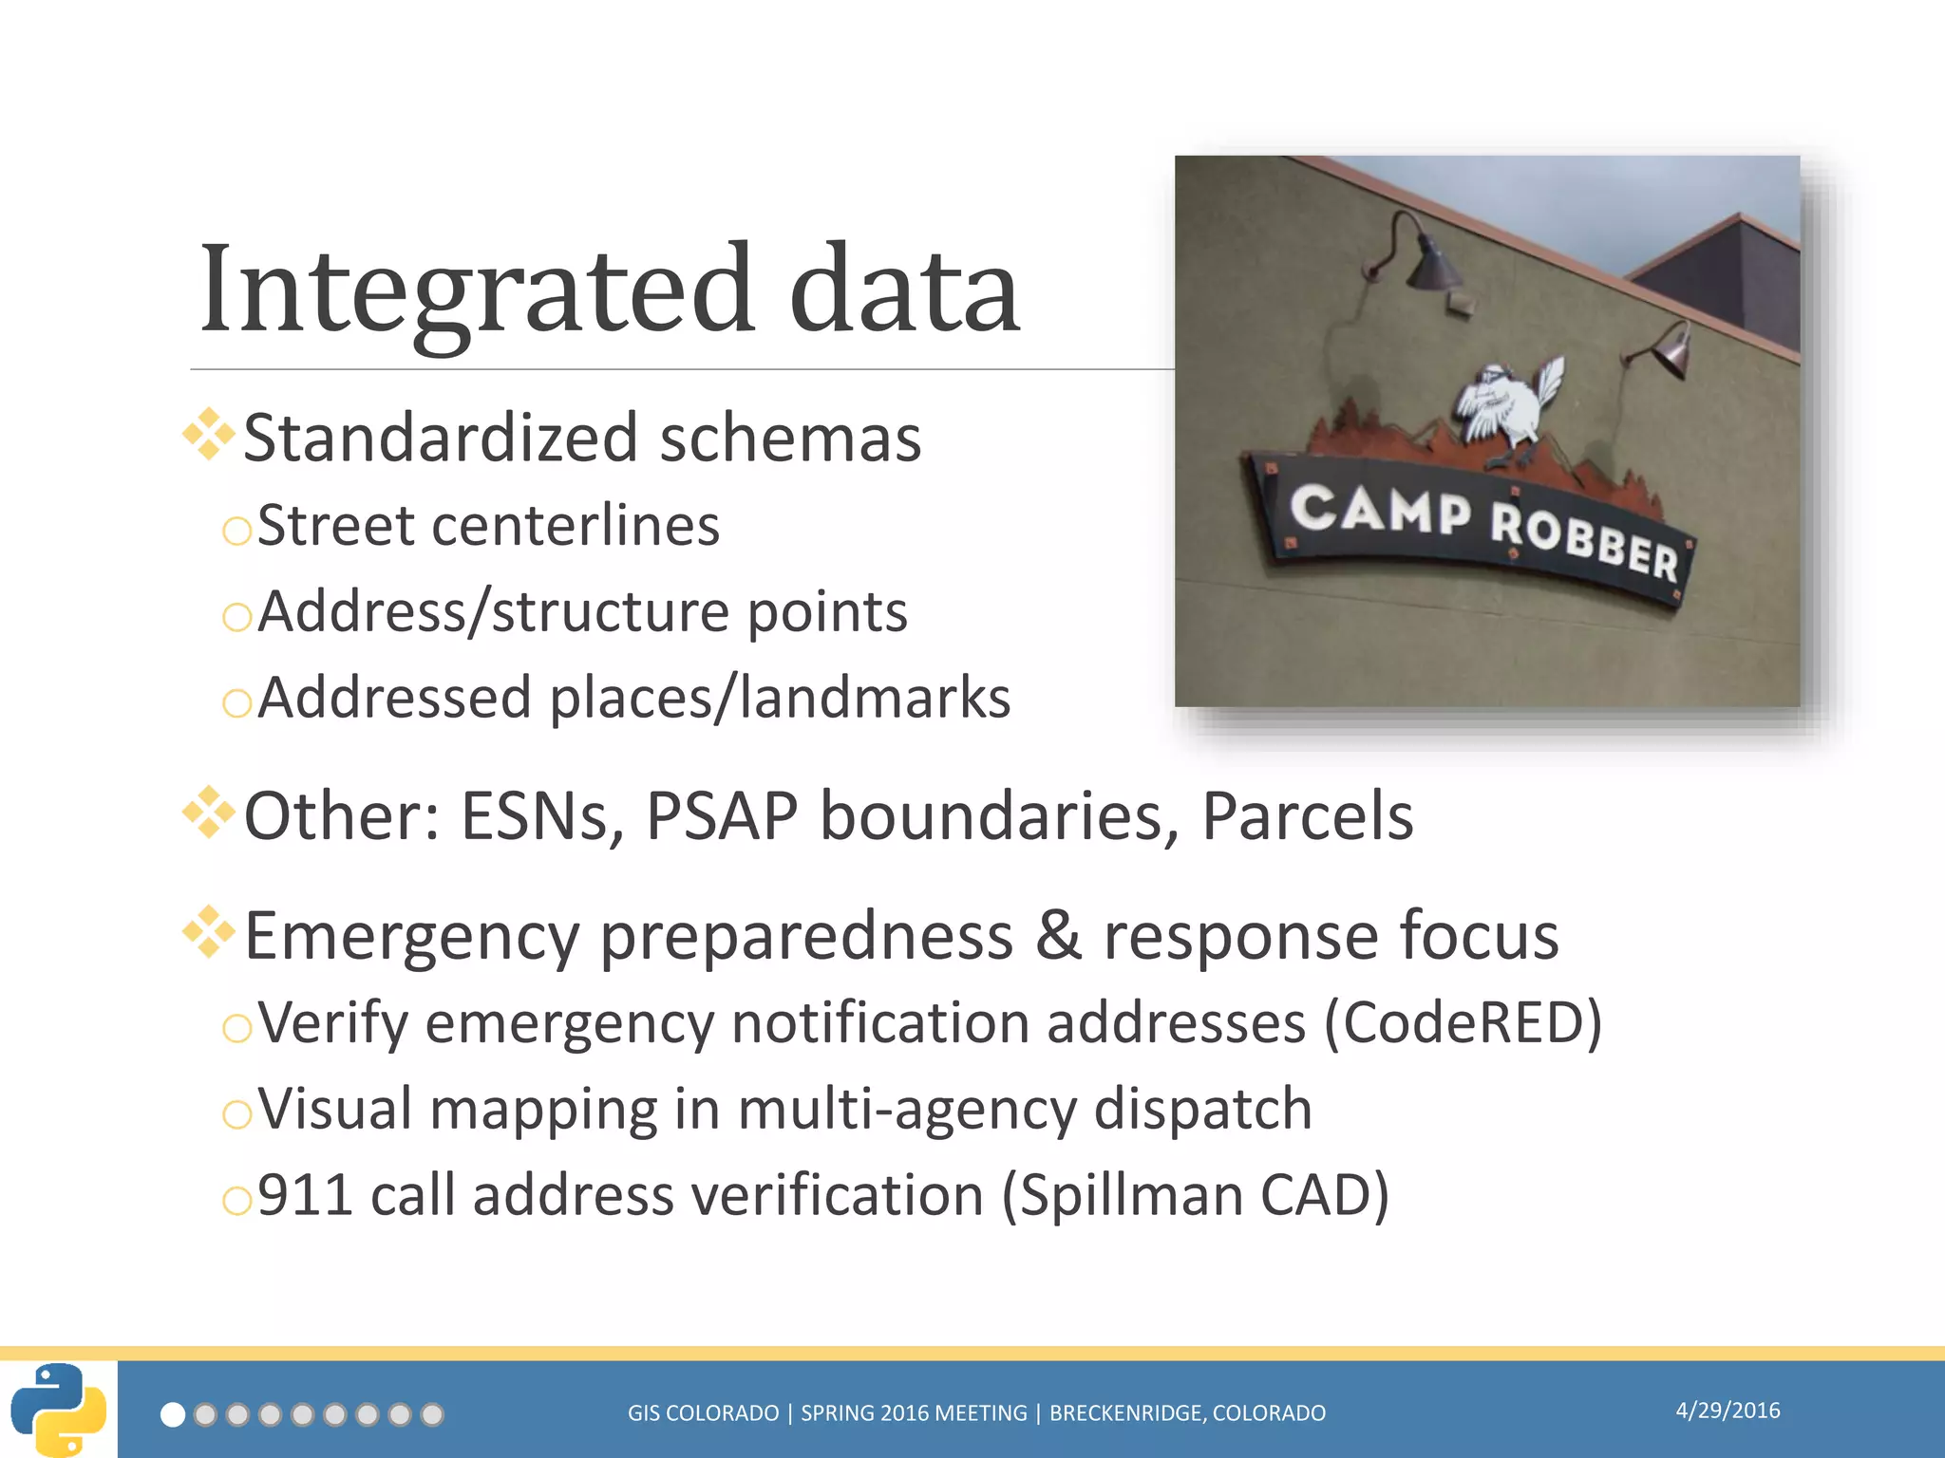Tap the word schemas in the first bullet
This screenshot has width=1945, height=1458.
point(790,439)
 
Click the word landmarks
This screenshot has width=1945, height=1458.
point(874,698)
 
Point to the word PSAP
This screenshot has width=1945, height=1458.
point(722,815)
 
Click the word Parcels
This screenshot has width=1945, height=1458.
point(1307,815)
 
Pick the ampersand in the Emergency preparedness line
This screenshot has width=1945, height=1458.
point(1058,935)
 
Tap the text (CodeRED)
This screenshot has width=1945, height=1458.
point(1463,1023)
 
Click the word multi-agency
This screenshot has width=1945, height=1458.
point(906,1109)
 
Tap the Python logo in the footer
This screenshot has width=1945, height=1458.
point(58,1410)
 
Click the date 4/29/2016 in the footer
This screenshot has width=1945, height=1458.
point(1727,1411)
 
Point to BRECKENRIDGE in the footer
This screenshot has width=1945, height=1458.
point(1127,1413)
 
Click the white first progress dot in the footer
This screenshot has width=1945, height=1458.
point(173,1415)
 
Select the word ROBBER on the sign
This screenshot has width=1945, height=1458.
point(1584,542)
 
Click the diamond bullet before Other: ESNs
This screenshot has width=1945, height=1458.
point(208,813)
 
